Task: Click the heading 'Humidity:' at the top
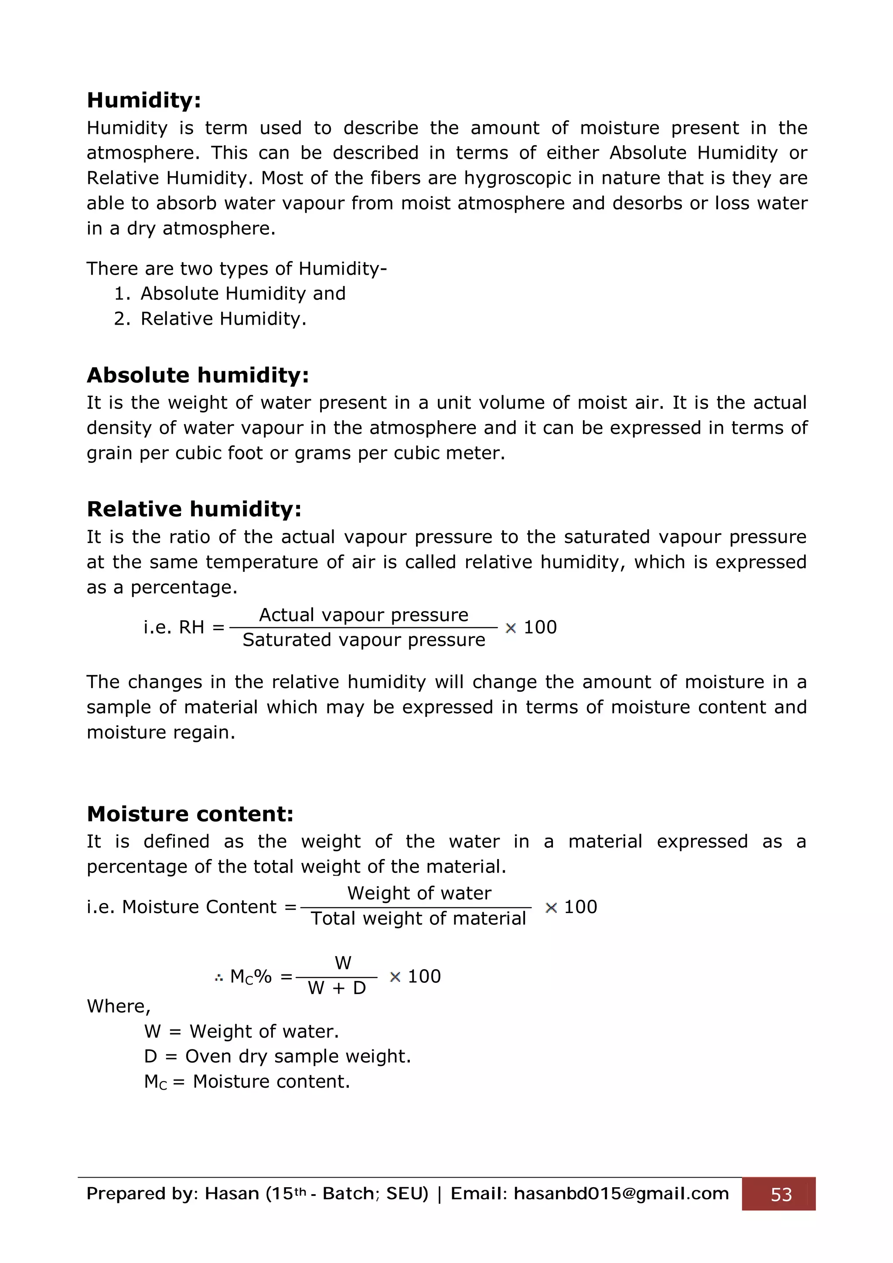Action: pyautogui.click(x=144, y=101)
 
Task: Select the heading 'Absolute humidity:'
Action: pyautogui.click(x=198, y=375)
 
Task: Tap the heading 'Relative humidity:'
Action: pyautogui.click(x=194, y=509)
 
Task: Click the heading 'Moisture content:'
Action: pyautogui.click(x=191, y=814)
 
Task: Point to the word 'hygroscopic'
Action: pyautogui.click(x=517, y=178)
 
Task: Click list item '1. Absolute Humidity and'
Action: pyautogui.click(x=230, y=294)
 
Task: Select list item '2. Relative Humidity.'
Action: pyautogui.click(x=210, y=319)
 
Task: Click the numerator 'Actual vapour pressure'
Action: pyautogui.click(x=364, y=615)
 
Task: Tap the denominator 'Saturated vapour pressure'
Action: pyautogui.click(x=364, y=640)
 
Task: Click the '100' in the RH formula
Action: pyautogui.click(x=540, y=628)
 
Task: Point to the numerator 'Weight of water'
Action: pyautogui.click(x=419, y=893)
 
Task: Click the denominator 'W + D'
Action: pyautogui.click(x=337, y=988)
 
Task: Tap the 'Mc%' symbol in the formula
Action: pyautogui.click(x=250, y=977)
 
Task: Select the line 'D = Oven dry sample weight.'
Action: pyautogui.click(x=277, y=1057)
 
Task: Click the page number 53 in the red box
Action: pyautogui.click(x=781, y=1194)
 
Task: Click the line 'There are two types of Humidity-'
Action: pyautogui.click(x=237, y=268)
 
